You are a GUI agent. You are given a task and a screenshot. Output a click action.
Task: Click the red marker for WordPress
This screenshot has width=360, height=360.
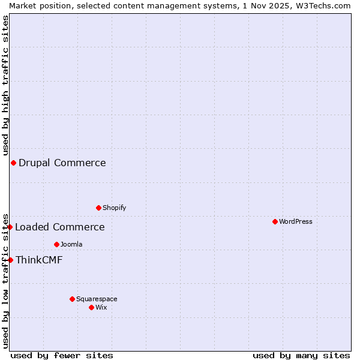tap(275, 221)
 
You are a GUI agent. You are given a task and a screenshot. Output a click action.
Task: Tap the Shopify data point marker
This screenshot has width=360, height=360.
tap(98, 208)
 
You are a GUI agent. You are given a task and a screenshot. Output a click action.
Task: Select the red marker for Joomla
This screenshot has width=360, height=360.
tap(56, 244)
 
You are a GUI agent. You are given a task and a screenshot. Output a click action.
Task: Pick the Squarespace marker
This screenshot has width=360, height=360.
tap(72, 299)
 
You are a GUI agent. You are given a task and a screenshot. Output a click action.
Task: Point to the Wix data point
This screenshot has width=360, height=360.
tap(91, 307)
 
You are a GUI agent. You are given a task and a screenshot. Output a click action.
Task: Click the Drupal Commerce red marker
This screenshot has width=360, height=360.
tap(13, 163)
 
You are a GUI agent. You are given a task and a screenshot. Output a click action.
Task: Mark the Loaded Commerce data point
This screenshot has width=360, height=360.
tap(10, 227)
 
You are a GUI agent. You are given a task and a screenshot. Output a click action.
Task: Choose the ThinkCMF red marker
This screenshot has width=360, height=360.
tap(10, 260)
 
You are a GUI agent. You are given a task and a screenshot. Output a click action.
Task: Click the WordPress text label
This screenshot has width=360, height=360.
tap(296, 221)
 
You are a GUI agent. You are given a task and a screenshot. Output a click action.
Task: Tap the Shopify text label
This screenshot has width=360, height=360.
tap(114, 208)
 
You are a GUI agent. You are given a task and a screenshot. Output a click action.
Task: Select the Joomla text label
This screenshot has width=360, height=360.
tap(71, 244)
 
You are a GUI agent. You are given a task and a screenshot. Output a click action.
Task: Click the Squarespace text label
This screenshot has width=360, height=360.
tap(97, 299)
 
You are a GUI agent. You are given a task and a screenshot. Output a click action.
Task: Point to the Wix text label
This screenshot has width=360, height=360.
tap(101, 307)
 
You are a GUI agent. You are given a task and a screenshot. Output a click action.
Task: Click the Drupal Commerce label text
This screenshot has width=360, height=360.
tap(62, 163)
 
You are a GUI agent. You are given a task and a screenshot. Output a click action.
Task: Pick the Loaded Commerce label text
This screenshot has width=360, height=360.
tap(60, 227)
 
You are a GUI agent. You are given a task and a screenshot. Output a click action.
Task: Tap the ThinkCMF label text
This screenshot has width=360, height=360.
tap(39, 260)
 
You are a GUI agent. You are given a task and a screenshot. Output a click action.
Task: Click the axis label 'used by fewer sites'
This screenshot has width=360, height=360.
tap(62, 355)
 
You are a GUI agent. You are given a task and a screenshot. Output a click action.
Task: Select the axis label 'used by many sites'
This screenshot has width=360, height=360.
tap(301, 355)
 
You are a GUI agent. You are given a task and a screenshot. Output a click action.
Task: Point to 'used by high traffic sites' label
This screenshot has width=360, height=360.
tap(5, 86)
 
